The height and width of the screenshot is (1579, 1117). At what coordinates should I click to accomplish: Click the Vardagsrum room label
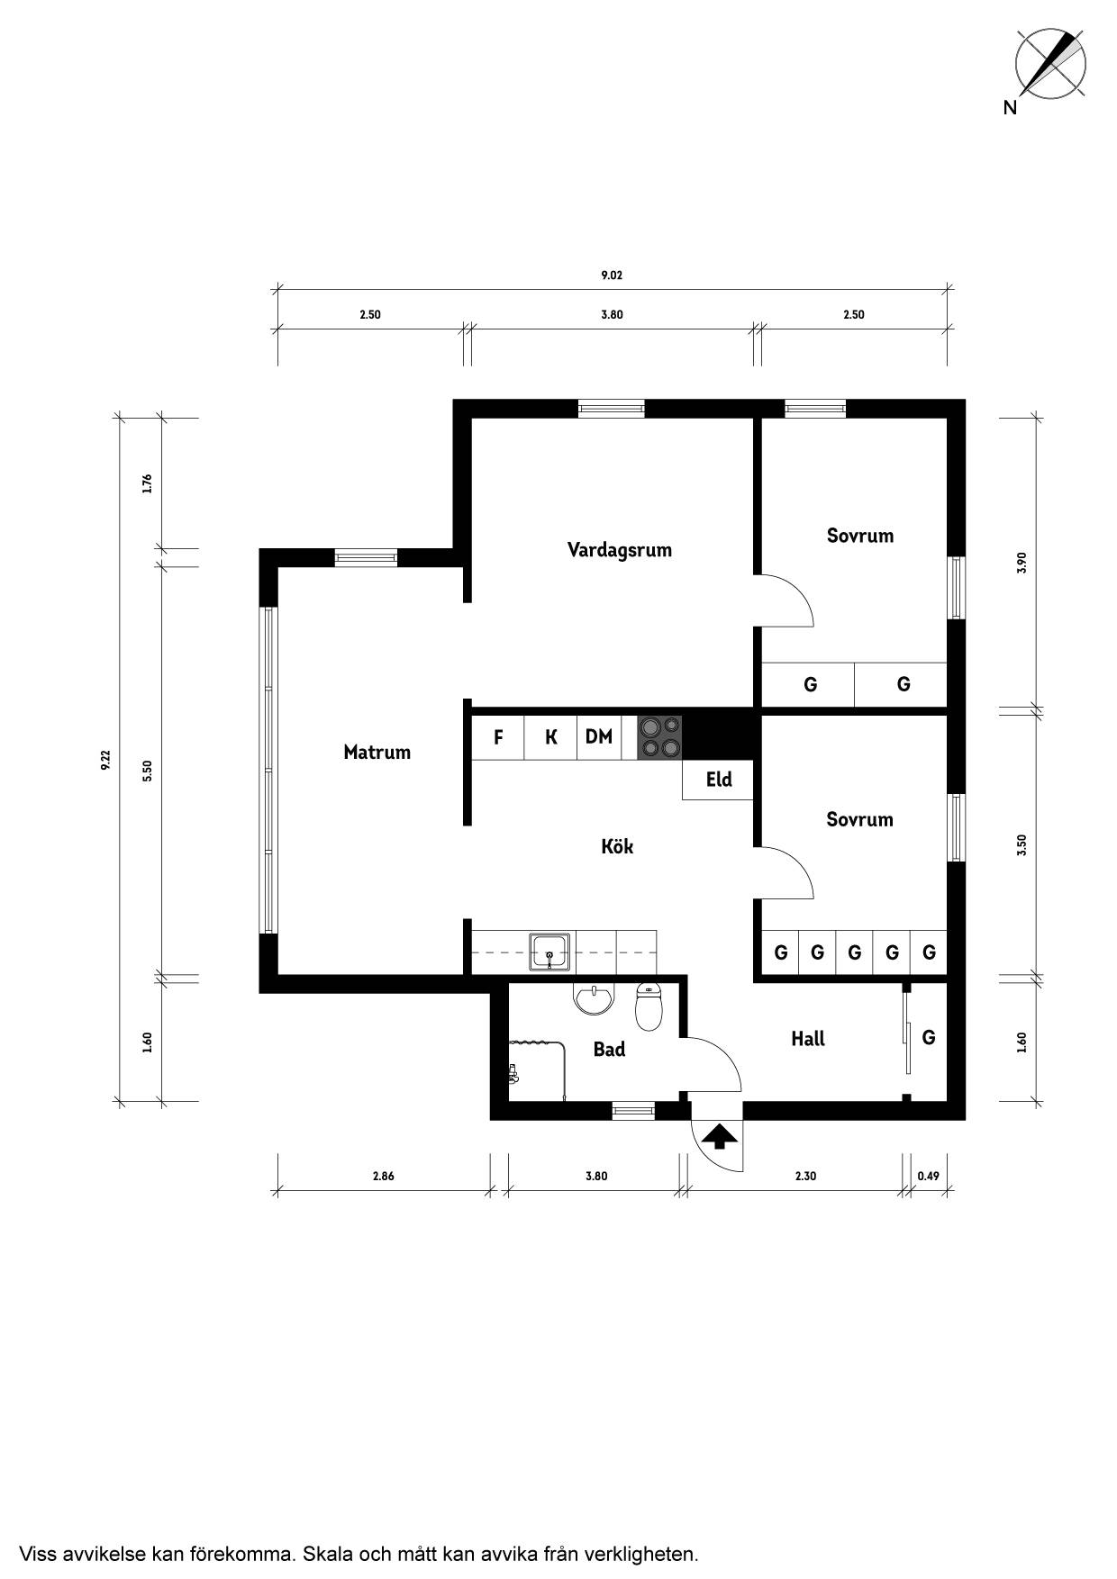click(x=620, y=550)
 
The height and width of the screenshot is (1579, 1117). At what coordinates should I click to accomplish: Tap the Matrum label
click(x=377, y=752)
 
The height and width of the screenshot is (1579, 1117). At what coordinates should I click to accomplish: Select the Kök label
click(x=617, y=846)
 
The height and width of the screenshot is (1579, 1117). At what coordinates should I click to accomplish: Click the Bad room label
click(x=609, y=1049)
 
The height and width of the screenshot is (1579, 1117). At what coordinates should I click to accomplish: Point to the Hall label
click(x=808, y=1039)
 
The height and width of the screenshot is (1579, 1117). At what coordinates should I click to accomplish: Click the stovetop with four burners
click(x=659, y=737)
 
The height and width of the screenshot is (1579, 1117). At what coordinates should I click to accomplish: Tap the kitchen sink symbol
click(x=550, y=952)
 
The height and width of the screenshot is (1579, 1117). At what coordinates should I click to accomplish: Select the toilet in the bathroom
click(x=649, y=1006)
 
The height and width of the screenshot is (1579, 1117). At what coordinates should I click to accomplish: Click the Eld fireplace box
click(x=718, y=780)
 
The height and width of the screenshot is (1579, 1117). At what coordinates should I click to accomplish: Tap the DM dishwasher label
click(x=599, y=737)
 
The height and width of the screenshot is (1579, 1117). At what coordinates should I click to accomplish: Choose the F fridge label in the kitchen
click(x=498, y=738)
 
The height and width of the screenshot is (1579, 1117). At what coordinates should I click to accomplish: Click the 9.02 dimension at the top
click(x=612, y=275)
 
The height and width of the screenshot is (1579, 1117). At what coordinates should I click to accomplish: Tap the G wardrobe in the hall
click(x=929, y=1038)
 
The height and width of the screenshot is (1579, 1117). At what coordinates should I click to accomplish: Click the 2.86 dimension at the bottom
click(x=383, y=1176)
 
